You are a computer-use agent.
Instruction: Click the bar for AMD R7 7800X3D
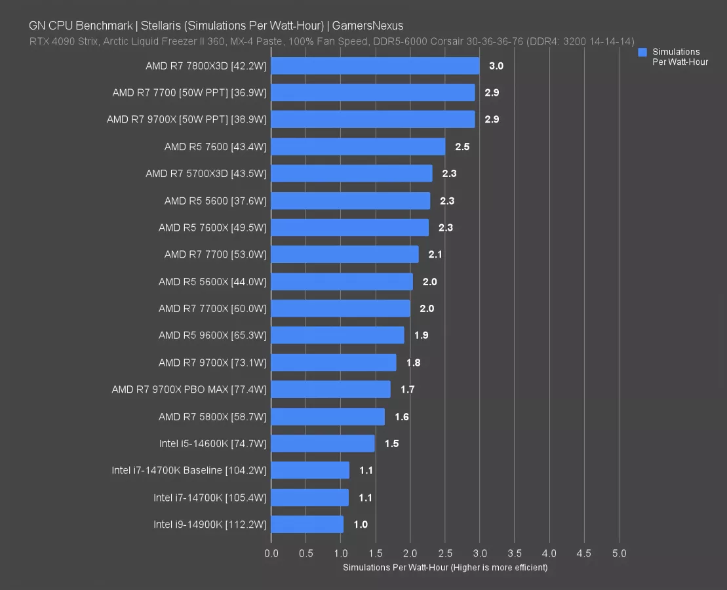pos(375,66)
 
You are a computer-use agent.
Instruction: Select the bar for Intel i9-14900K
pos(307,524)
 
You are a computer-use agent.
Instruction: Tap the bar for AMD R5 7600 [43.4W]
pos(358,147)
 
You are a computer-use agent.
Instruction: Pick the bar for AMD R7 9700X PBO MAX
pos(330,389)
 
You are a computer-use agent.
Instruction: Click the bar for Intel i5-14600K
pos(323,444)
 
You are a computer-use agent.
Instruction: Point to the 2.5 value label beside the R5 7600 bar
pos(462,147)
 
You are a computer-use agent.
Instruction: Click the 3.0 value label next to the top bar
pos(496,66)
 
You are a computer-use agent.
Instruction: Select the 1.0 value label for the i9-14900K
pos(361,524)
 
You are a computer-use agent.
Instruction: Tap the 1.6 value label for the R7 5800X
pos(402,417)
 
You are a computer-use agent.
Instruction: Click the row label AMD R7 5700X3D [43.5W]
pos(206,174)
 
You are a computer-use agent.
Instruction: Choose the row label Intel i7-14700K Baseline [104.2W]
pos(189,471)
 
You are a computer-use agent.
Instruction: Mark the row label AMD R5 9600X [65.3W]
pos(212,336)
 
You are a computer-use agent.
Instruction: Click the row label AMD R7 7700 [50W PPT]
pos(189,93)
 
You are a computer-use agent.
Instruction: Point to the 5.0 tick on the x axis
pos(619,553)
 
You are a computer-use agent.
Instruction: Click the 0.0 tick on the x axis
pos(271,553)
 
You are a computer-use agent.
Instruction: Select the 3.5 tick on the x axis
pos(515,553)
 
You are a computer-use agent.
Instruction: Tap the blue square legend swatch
pos(642,52)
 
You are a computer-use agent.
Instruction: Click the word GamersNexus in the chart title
pos(368,26)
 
